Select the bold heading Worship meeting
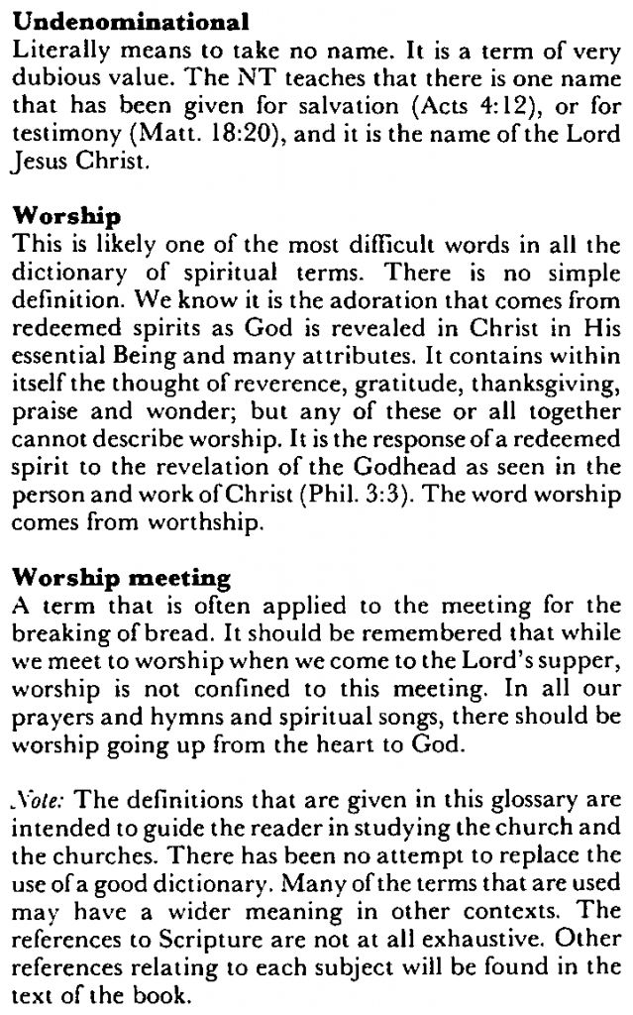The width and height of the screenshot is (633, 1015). [x=124, y=577]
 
